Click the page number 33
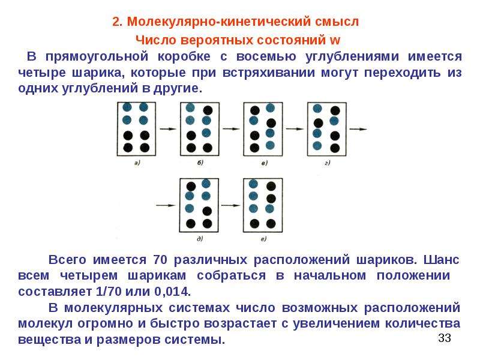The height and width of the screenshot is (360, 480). (x=445, y=338)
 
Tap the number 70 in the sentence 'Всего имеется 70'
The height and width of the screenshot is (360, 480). (x=160, y=260)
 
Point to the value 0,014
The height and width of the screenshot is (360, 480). (x=172, y=292)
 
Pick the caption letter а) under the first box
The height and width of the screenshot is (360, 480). (x=137, y=163)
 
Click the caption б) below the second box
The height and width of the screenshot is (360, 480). (x=200, y=163)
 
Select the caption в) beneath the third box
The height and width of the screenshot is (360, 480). (x=265, y=163)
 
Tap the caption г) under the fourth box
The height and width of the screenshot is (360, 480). (x=328, y=163)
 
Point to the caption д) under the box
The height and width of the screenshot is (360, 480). (x=200, y=239)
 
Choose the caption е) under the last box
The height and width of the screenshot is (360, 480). (x=263, y=239)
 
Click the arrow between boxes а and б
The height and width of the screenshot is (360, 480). (x=168, y=129)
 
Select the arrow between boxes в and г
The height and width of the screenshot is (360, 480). (x=295, y=129)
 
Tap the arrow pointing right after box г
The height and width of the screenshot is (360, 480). (x=358, y=129)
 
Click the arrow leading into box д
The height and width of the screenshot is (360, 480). (x=166, y=205)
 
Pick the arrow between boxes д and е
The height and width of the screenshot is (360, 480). (x=231, y=205)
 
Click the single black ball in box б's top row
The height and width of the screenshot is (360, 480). (x=208, y=110)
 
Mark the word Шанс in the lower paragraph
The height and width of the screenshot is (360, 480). (x=441, y=260)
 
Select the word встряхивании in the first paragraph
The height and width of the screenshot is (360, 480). (x=269, y=73)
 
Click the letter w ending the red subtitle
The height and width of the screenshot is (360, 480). (x=335, y=40)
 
